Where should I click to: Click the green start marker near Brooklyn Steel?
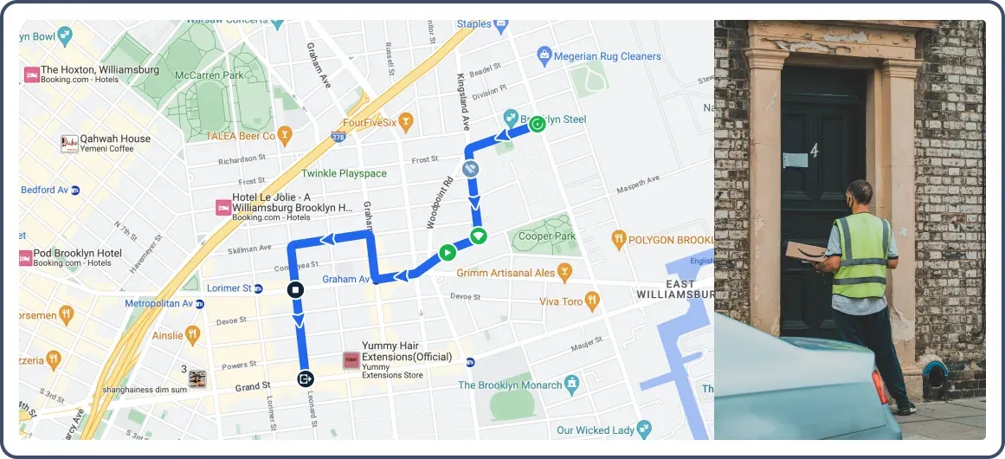(537, 124)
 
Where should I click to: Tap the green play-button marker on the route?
(447, 253)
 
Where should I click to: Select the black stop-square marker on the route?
(295, 289)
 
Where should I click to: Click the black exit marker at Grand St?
(305, 378)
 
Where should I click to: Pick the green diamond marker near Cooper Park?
(479, 236)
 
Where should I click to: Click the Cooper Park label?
(547, 236)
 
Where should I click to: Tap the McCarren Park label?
(209, 75)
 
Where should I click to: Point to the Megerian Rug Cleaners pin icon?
(544, 56)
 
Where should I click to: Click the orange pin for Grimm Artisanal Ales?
(565, 273)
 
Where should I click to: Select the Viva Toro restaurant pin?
(592, 301)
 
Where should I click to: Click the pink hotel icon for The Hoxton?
(31, 74)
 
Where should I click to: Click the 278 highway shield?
(338, 137)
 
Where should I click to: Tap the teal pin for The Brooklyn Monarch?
(571, 384)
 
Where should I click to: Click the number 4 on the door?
(814, 152)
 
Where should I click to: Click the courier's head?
(859, 194)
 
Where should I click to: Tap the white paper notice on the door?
(795, 160)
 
